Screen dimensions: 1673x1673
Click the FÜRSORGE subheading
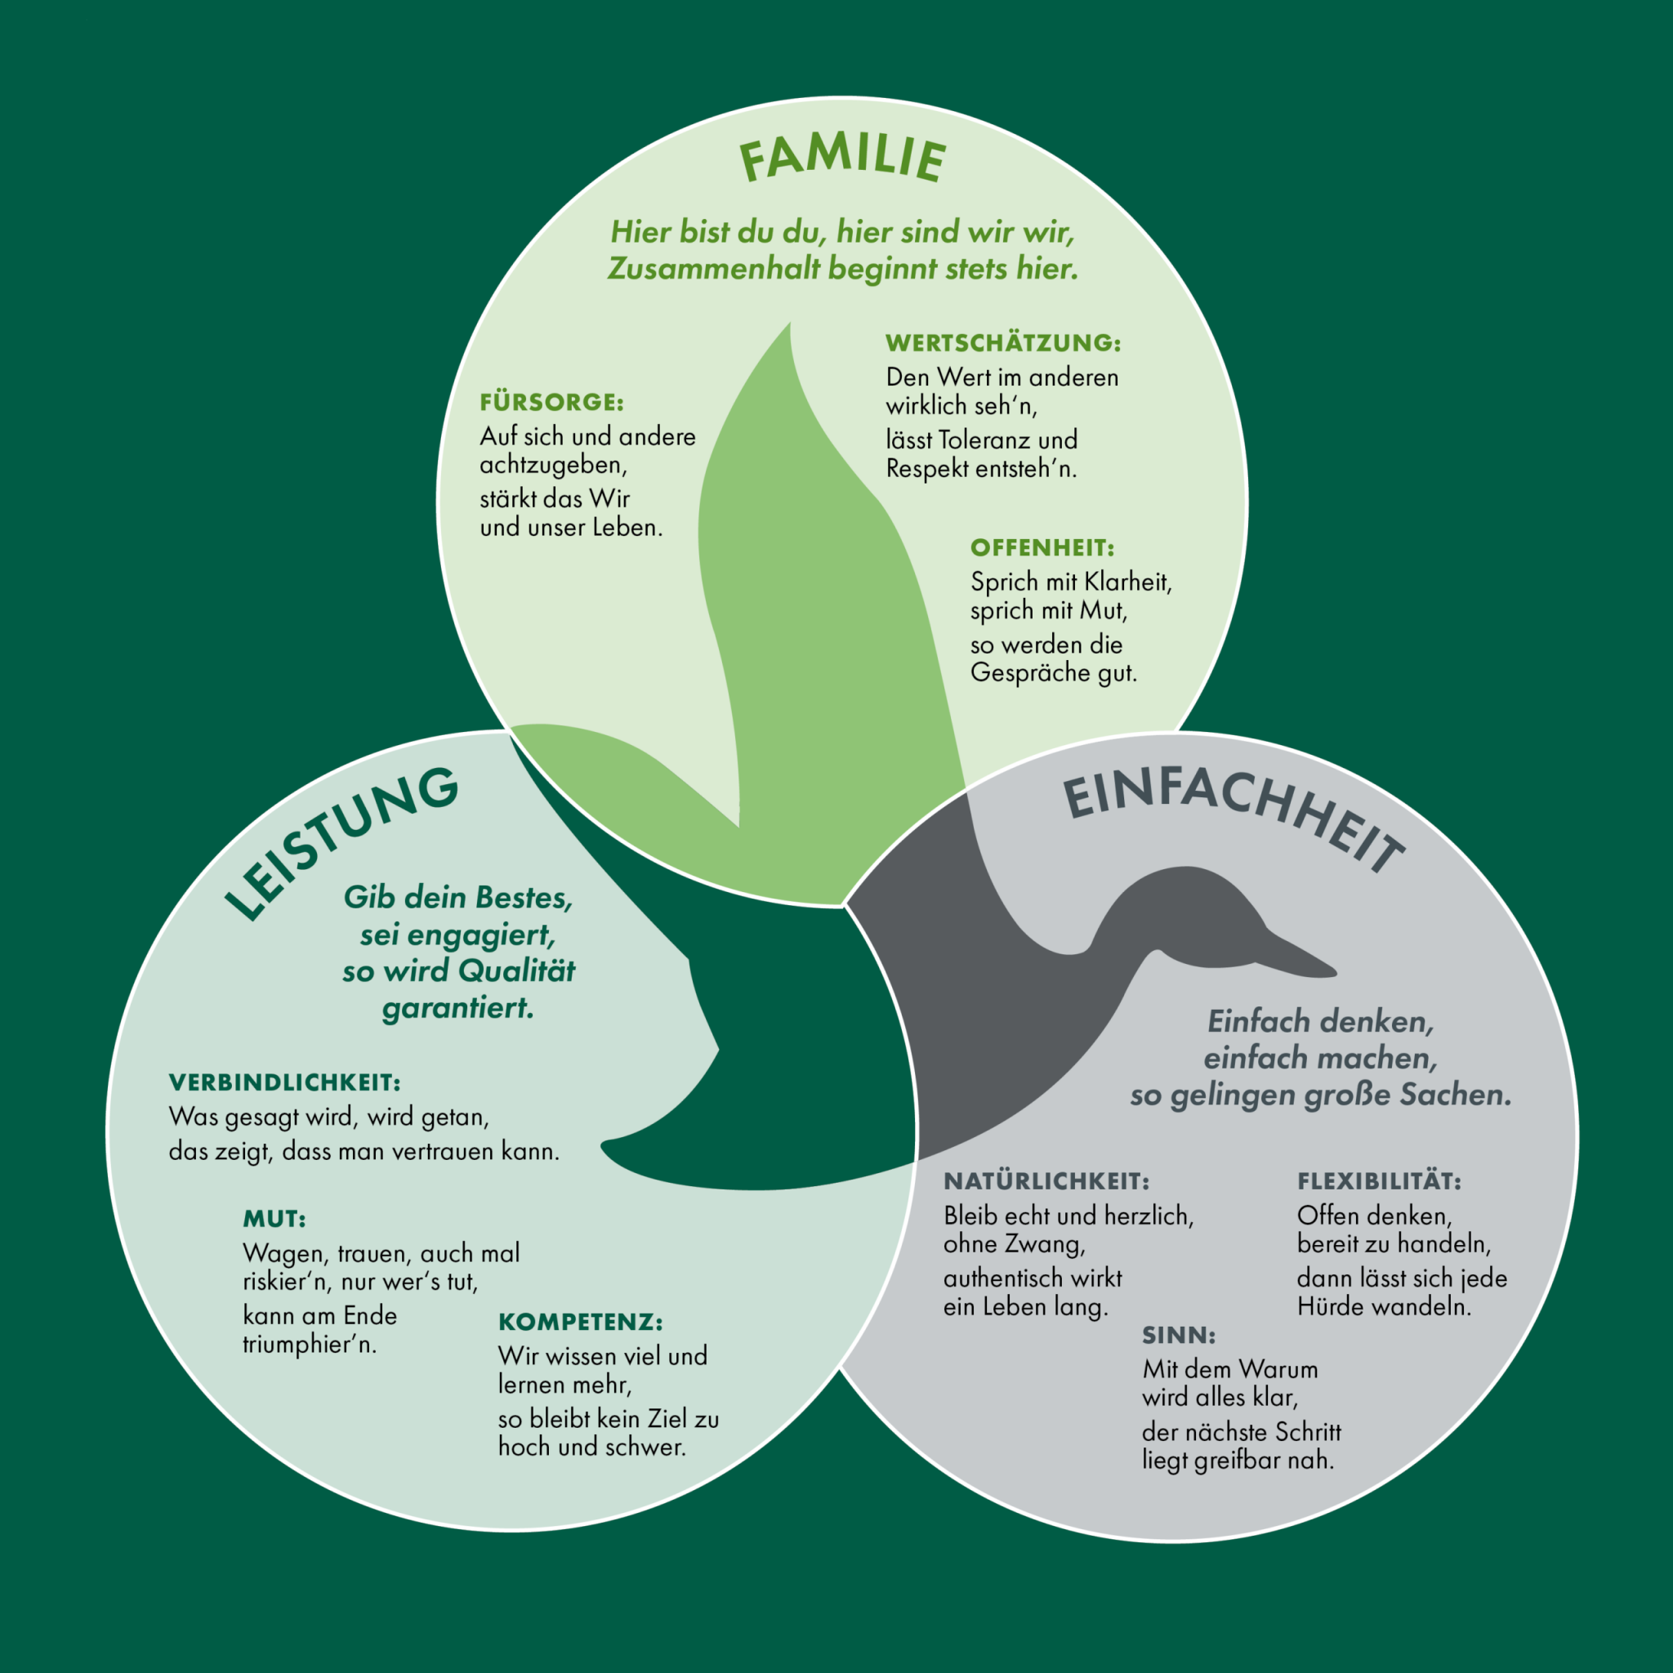click(x=551, y=403)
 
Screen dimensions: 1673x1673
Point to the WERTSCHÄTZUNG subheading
click(x=1003, y=343)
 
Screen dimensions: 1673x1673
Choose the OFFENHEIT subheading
click(x=1042, y=548)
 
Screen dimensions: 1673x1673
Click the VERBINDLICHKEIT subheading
click(x=285, y=1082)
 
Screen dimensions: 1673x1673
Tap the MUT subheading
click(x=274, y=1220)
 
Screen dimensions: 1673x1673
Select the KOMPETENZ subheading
click(x=580, y=1323)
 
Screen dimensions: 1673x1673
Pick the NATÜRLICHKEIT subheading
click(x=1046, y=1181)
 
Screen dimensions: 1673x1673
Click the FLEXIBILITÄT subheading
click(x=1379, y=1181)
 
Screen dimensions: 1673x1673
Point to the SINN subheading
click(x=1179, y=1336)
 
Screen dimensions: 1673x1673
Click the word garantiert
click(x=458, y=1008)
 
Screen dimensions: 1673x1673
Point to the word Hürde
click(x=1327, y=1306)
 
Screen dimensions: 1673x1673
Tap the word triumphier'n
click(x=309, y=1345)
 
